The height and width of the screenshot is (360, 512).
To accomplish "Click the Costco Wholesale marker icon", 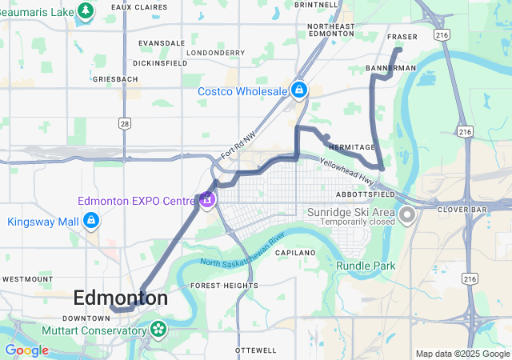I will click(299, 90).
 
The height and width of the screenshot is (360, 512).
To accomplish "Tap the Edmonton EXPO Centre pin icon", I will click(207, 199).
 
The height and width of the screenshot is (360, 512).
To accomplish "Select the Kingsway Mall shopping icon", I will click(91, 219).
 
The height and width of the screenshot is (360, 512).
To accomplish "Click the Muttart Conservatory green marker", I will click(158, 328).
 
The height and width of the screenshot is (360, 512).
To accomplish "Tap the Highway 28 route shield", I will click(124, 122).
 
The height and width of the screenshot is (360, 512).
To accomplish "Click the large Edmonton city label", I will click(120, 298).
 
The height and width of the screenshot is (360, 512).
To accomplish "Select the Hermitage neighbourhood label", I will click(351, 147).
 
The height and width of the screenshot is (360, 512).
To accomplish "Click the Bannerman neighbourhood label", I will click(391, 69).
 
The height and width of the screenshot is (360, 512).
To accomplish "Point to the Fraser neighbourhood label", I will click(402, 38).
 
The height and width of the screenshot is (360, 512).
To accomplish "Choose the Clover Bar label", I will click(457, 209).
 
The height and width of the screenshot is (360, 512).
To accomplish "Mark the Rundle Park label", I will click(366, 266).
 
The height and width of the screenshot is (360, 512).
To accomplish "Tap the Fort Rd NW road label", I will click(238, 146).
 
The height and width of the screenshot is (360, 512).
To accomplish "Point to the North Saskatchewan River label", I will click(243, 252).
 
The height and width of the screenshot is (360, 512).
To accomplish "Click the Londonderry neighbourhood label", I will click(215, 53).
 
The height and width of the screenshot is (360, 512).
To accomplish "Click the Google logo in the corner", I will click(27, 350).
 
